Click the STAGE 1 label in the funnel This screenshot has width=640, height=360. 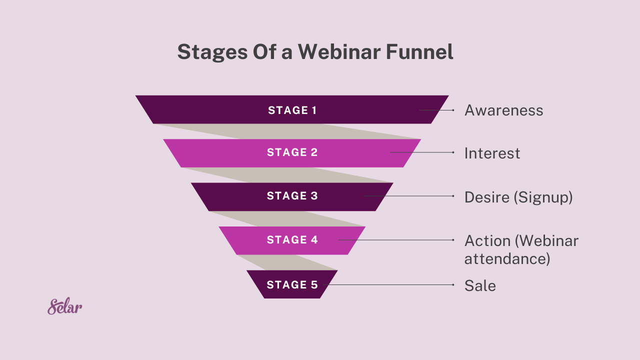tap(292, 110)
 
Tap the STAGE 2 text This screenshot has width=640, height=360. tap(292, 152)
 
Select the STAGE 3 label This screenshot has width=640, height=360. tap(292, 196)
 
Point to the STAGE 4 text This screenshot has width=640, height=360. tap(292, 240)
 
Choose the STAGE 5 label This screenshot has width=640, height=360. tap(292, 284)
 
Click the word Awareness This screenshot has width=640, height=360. tap(503, 110)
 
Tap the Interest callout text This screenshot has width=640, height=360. tap(492, 153)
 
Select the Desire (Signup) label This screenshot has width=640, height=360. tap(518, 197)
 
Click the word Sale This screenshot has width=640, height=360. tap(480, 286)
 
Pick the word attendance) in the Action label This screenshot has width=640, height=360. tap(507, 259)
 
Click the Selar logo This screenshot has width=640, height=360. tap(65, 306)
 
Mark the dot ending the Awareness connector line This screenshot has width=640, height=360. tap(453, 110)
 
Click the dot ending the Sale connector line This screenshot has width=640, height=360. tap(453, 285)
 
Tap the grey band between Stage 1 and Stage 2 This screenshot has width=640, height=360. tap(300, 131)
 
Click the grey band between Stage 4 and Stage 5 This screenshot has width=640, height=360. tap(290, 262)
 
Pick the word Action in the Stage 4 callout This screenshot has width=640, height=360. tap(487, 241)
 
